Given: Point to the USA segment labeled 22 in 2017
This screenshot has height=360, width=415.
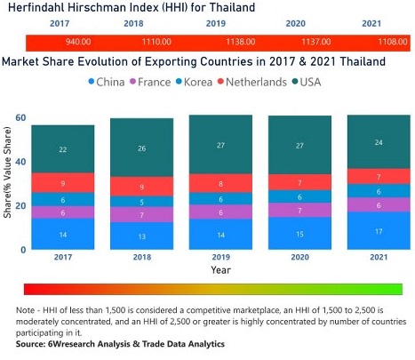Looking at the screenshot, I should pos(62,148).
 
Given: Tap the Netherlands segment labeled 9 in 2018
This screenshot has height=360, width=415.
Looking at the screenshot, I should pos(141,187).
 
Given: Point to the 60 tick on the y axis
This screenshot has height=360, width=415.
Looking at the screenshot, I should pos(19,118).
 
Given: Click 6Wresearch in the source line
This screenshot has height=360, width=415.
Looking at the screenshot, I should pos(69,343).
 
